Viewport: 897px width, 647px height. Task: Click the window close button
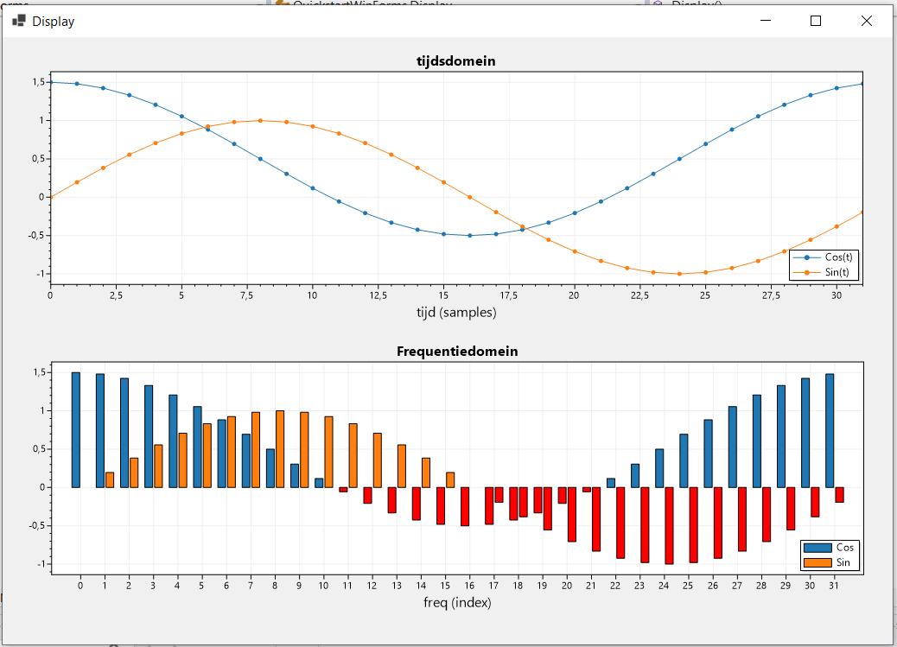(867, 21)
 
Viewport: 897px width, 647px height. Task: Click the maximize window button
(815, 21)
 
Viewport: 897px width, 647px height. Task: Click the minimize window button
(764, 21)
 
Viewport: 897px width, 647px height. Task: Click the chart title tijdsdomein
(456, 61)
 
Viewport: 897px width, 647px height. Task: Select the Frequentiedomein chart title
(456, 352)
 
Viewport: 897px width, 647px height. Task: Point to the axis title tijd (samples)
(456, 313)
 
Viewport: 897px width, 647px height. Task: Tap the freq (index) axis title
(456, 602)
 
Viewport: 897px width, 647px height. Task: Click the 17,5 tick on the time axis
(508, 295)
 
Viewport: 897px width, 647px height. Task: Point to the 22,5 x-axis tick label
(639, 295)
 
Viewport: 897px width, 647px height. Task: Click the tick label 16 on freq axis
(469, 585)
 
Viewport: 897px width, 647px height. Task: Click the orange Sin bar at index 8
(279, 448)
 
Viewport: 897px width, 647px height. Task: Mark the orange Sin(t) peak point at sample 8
(260, 121)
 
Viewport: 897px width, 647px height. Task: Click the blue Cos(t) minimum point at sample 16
(469, 235)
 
